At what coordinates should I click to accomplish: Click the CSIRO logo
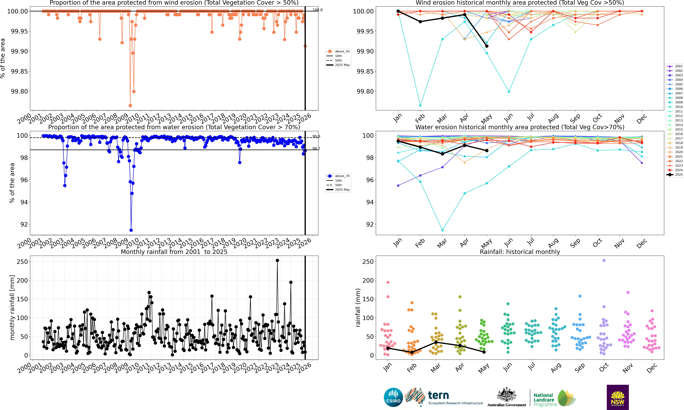pos(393,397)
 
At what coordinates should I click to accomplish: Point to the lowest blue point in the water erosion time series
pos(131,230)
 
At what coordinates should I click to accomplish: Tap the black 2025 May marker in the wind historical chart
pos(487,46)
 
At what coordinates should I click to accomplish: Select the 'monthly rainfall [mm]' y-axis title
pos(12,308)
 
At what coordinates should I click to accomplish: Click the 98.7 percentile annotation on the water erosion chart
pos(316,149)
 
